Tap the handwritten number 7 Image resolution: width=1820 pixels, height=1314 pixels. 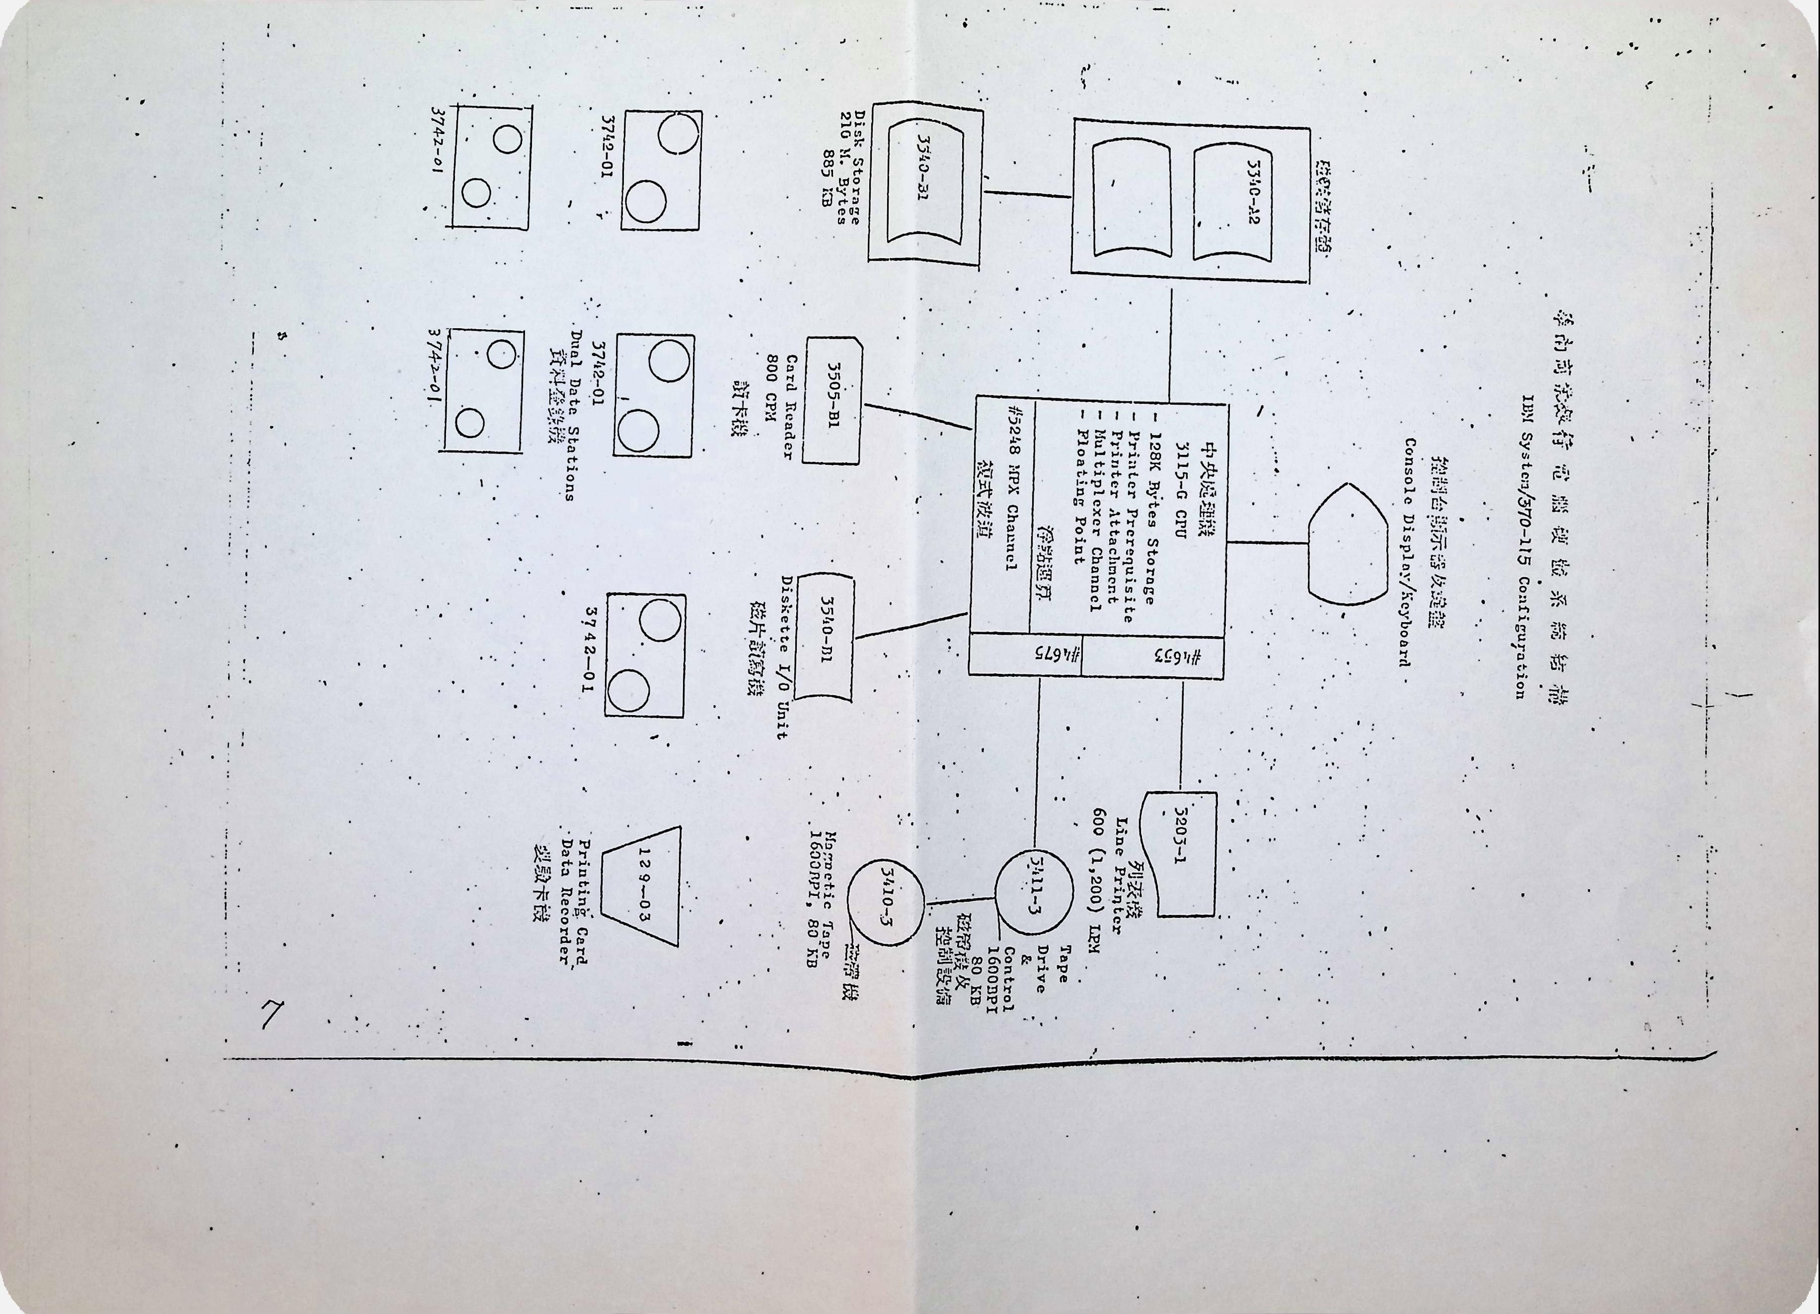pyautogui.click(x=272, y=1017)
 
